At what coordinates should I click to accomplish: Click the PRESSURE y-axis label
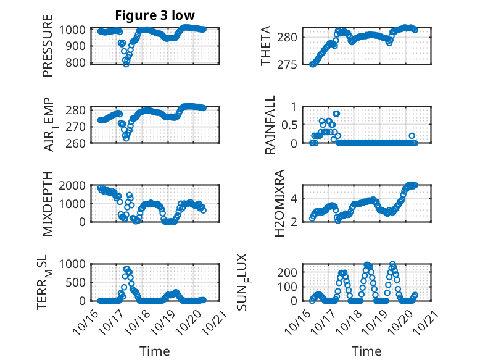(x=48, y=46)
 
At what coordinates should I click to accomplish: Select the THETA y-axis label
(x=265, y=46)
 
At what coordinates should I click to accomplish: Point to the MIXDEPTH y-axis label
(x=48, y=203)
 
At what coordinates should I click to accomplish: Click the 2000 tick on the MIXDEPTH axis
(x=74, y=185)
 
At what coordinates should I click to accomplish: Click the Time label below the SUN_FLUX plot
(x=366, y=351)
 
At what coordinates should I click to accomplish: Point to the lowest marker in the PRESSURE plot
(x=126, y=64)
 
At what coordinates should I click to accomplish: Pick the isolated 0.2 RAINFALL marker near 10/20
(x=412, y=136)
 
